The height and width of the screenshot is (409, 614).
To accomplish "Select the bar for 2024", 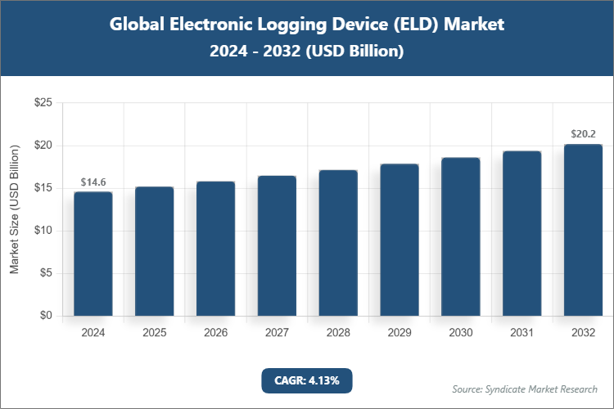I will (x=93, y=254).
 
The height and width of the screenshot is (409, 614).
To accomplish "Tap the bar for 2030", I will (x=461, y=236).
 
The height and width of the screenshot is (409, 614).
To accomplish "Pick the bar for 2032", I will (x=583, y=230).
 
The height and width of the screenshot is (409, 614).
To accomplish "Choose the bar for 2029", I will (x=400, y=240).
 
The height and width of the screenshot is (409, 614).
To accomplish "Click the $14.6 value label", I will (x=93, y=182).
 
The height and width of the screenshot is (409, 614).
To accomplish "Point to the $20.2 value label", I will (x=584, y=134).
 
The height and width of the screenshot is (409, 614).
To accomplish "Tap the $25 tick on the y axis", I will (x=43, y=103).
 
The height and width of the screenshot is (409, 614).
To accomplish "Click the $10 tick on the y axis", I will (x=43, y=231).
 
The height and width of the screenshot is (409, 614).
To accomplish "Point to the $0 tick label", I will (x=46, y=316).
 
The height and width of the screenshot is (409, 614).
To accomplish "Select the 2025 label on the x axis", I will (x=155, y=333).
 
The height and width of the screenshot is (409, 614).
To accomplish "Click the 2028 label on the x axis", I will (x=338, y=333).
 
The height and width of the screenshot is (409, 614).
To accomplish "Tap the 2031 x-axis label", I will (x=522, y=333).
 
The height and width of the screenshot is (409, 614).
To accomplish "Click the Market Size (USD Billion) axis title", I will (x=15, y=209).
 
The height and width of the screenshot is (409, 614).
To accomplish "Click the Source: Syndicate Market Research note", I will (x=525, y=389).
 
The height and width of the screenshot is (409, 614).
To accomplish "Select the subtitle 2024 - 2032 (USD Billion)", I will (x=307, y=51).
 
